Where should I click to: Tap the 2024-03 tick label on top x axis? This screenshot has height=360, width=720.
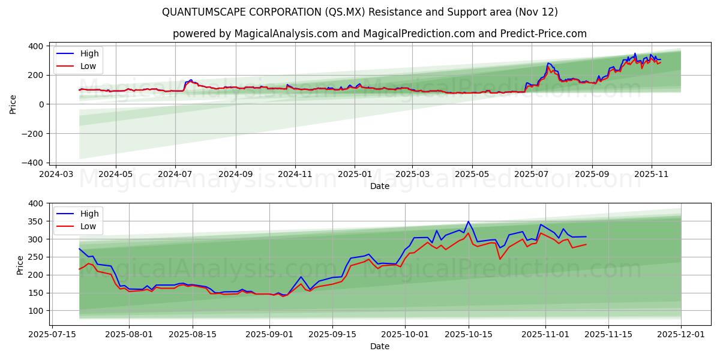(x=56, y=174)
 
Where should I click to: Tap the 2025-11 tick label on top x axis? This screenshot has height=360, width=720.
(x=652, y=174)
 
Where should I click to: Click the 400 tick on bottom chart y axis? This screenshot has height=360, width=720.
(x=36, y=203)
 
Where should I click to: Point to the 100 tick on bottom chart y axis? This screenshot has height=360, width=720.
(x=36, y=311)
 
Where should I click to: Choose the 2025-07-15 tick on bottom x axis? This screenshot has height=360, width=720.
(x=52, y=335)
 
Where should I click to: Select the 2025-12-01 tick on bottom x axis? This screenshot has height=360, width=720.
(x=681, y=335)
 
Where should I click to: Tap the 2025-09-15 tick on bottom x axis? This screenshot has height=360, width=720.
(x=332, y=335)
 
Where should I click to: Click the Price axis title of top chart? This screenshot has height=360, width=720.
(x=13, y=104)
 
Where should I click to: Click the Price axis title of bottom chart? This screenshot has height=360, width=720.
(x=20, y=265)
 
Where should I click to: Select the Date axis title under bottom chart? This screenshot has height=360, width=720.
(x=379, y=346)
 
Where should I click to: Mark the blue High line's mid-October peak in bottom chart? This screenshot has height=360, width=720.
(x=469, y=221)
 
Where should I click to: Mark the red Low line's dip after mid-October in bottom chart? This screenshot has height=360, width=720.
(x=500, y=259)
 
